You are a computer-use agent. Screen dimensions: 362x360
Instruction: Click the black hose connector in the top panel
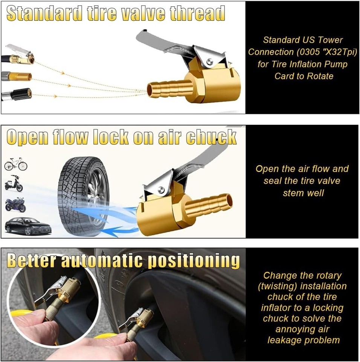click(x=20, y=94)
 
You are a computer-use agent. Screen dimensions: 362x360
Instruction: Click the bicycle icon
click(x=16, y=164)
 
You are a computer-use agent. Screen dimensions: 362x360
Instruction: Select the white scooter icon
click(x=14, y=184)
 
